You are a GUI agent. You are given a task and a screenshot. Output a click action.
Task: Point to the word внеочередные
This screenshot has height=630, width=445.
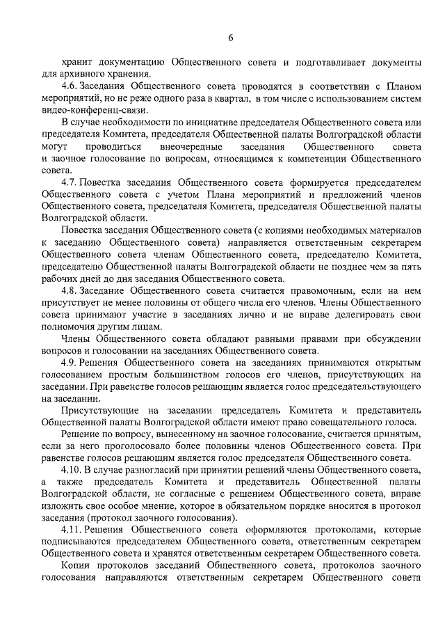pyautogui.click(x=192, y=147)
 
